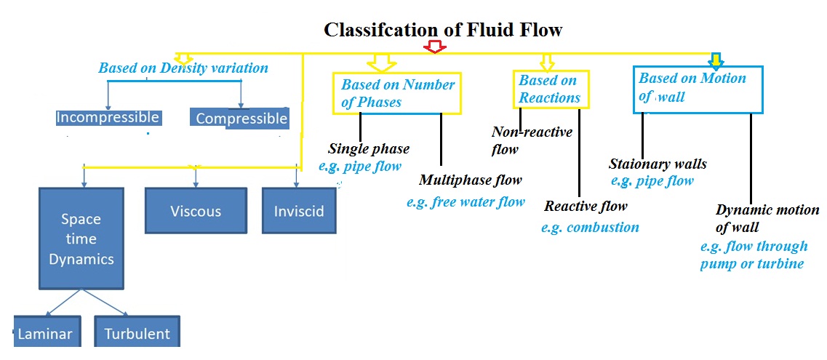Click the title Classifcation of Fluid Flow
coord(443,30)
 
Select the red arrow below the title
coord(435,47)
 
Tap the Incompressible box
coord(108,118)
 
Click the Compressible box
coord(241,119)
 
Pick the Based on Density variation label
coord(183,68)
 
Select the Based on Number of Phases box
coord(397,93)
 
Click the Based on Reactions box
coord(550,89)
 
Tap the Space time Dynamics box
coord(81,239)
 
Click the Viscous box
coord(195,212)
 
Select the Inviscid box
coord(299,212)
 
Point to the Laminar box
coord(44,334)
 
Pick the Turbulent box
coord(137,334)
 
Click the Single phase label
coord(369,149)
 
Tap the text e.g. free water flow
coord(466,202)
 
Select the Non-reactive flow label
coord(532,140)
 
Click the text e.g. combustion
coord(590,228)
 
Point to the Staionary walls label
coord(658,164)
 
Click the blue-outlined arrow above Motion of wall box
coord(716,60)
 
